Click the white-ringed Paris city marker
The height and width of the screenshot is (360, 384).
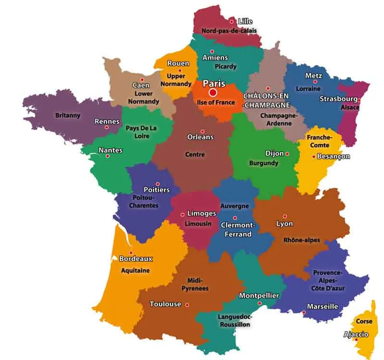(213, 93)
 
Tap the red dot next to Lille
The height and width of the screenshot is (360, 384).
(231, 22)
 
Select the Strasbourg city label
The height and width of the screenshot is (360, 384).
(338, 99)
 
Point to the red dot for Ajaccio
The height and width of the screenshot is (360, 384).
(356, 340)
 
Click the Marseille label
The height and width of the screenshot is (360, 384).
(322, 306)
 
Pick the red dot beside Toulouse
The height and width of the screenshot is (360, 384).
(187, 304)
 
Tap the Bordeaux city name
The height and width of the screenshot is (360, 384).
(136, 259)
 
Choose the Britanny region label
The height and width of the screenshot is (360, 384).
(68, 115)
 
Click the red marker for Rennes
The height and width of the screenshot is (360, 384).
(106, 127)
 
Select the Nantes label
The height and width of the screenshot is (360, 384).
(110, 150)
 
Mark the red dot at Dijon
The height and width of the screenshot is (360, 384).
(287, 154)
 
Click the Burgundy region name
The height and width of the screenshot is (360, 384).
(264, 163)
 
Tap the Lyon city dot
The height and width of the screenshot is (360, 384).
(285, 216)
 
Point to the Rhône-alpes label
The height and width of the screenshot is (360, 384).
(301, 240)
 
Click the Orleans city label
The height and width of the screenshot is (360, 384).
(200, 137)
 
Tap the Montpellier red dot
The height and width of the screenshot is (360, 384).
(260, 303)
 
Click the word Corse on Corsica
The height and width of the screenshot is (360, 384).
(364, 321)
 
